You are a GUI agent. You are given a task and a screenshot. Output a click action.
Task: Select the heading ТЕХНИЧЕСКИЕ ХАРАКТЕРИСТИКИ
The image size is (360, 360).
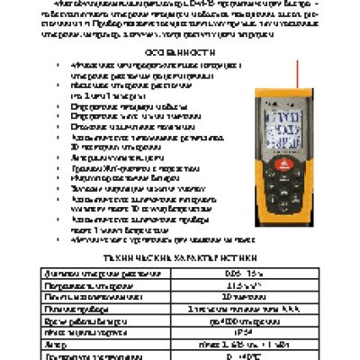(x=179, y=256)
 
